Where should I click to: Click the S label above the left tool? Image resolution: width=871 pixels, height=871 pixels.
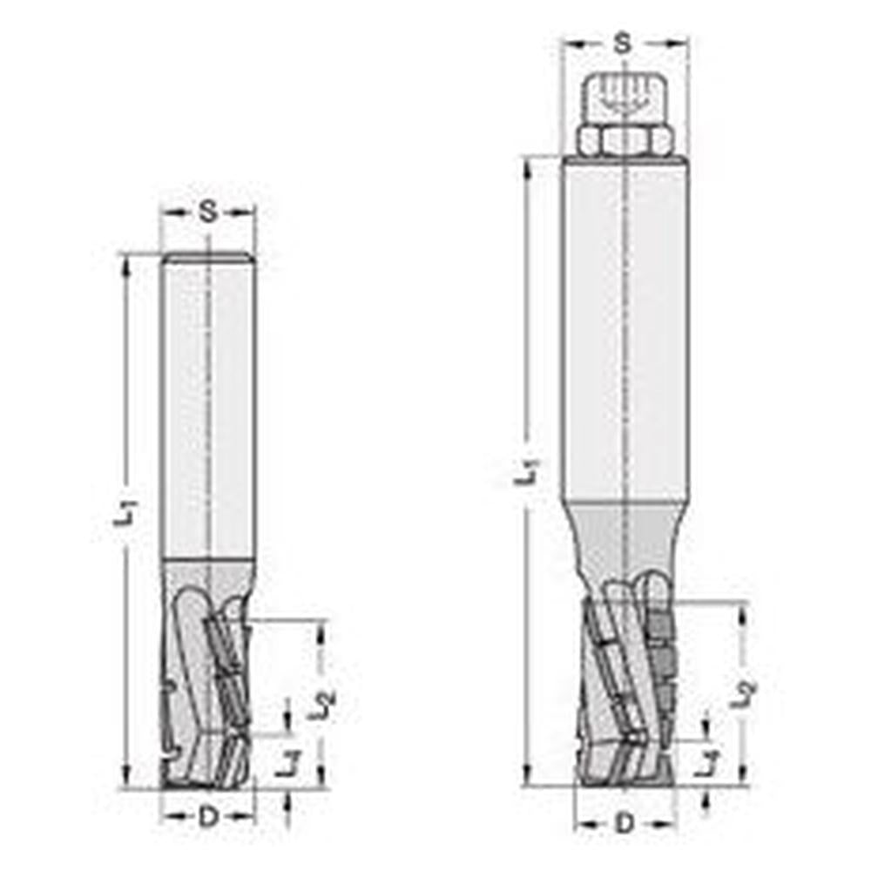tap(207, 212)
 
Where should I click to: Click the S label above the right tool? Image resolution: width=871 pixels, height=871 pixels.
tap(622, 43)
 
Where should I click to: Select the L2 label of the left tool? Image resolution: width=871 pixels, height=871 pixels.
tap(322, 703)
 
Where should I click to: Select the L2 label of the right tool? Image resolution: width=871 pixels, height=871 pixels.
tap(742, 692)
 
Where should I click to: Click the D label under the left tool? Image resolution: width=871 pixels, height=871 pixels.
tap(207, 817)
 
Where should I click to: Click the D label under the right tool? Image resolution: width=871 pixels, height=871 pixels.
tap(625, 822)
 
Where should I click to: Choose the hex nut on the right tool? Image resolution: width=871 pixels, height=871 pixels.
tap(625, 140)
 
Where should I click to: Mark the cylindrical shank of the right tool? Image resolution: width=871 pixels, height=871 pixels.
tap(625, 331)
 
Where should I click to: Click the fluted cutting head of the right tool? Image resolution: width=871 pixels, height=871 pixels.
tap(625, 688)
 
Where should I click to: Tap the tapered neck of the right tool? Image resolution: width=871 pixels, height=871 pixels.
tap(625, 536)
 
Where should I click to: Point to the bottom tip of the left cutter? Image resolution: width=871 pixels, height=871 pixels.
tap(207, 785)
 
